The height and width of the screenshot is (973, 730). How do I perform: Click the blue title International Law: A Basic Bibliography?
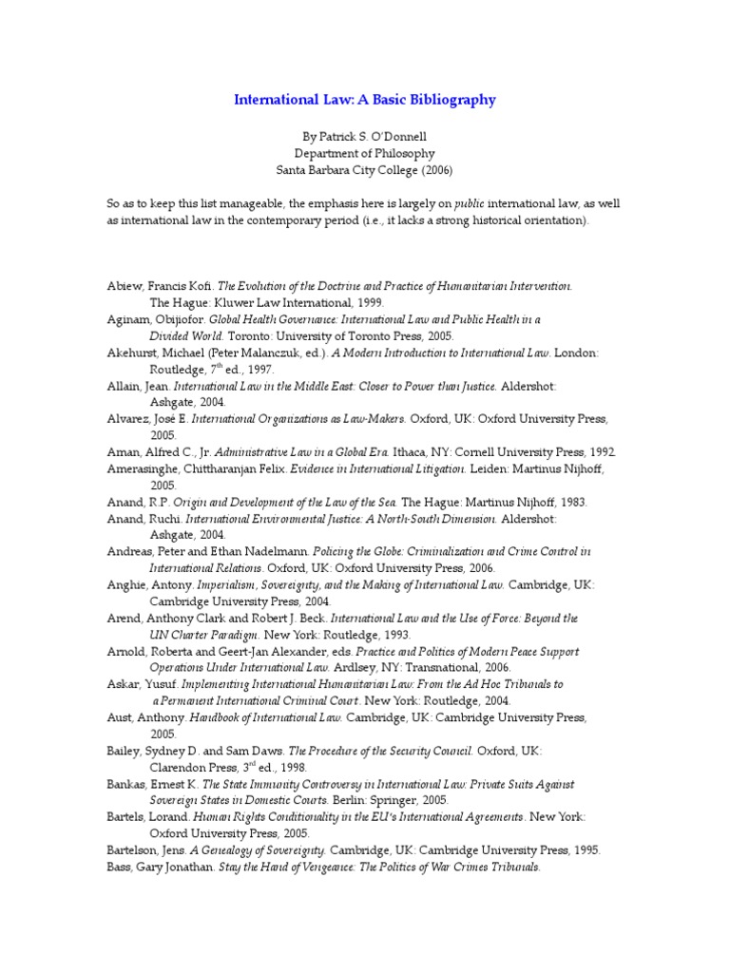point(365,99)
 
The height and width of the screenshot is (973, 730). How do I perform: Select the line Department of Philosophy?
point(365,153)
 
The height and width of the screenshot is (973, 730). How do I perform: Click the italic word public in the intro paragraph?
point(469,204)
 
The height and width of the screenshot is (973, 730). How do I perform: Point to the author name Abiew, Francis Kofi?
point(160,285)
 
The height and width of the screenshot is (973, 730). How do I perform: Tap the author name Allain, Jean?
point(137,387)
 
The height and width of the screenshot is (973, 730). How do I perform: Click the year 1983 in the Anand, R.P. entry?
point(572,503)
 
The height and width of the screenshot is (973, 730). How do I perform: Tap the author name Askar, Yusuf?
point(141,684)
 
